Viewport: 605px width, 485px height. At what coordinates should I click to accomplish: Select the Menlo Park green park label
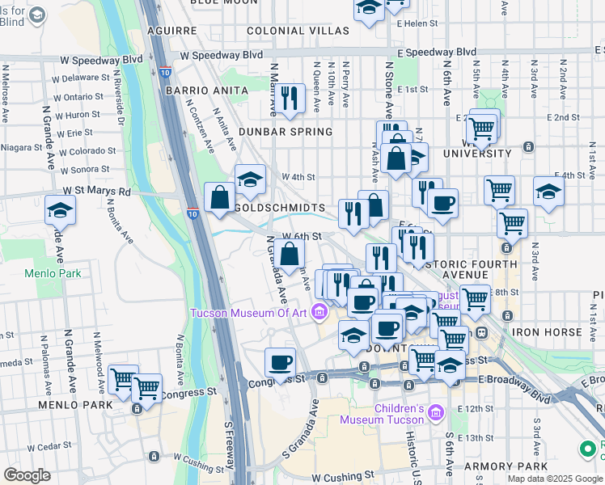(53, 273)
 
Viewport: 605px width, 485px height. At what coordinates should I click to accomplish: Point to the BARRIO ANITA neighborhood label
(193, 91)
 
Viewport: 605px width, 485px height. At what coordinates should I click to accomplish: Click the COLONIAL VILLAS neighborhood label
(298, 31)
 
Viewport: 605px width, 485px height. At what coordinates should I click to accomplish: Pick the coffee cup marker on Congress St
(280, 363)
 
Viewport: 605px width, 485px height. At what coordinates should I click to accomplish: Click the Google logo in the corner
(27, 474)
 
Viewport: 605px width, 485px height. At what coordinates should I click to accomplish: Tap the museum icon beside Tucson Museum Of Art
(320, 311)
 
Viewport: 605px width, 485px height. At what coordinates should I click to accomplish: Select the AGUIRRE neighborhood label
(172, 31)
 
